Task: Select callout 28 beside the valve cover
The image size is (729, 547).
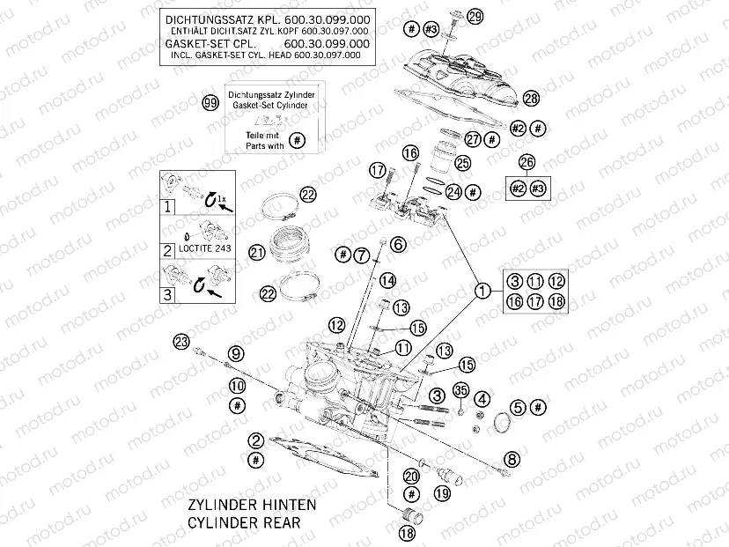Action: (530, 98)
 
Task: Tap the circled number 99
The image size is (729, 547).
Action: (210, 103)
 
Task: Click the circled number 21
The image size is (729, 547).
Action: (256, 253)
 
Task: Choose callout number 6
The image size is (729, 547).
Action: (398, 244)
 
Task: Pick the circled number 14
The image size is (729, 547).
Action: (387, 280)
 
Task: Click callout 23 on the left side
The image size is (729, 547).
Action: (180, 341)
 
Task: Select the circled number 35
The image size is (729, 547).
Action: (460, 390)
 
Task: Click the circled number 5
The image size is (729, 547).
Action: (519, 406)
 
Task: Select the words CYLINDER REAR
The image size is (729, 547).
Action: (244, 521)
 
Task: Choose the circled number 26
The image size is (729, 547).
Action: (527, 161)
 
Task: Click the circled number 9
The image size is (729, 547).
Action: (234, 354)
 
